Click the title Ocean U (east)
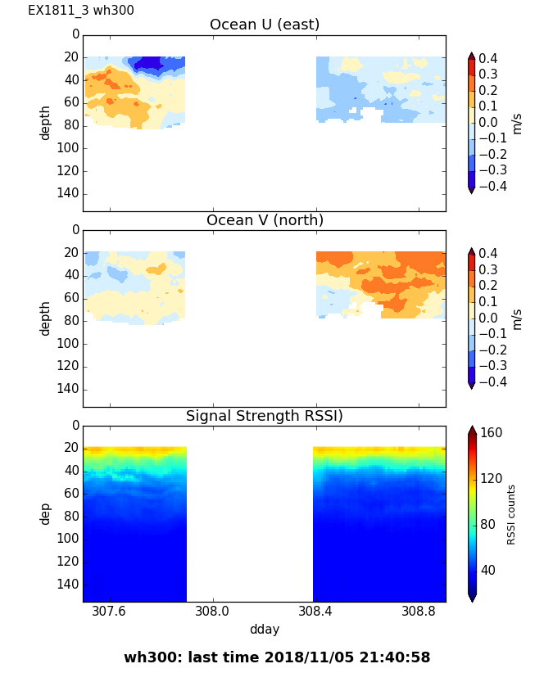(x=265, y=25)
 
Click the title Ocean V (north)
(x=265, y=220)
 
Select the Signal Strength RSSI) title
(x=265, y=416)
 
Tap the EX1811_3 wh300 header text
(x=81, y=11)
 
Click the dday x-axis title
(x=265, y=630)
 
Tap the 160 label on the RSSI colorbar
(x=492, y=433)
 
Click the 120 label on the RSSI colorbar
(x=492, y=479)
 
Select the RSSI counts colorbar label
(x=511, y=514)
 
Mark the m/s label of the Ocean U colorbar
(x=517, y=123)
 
